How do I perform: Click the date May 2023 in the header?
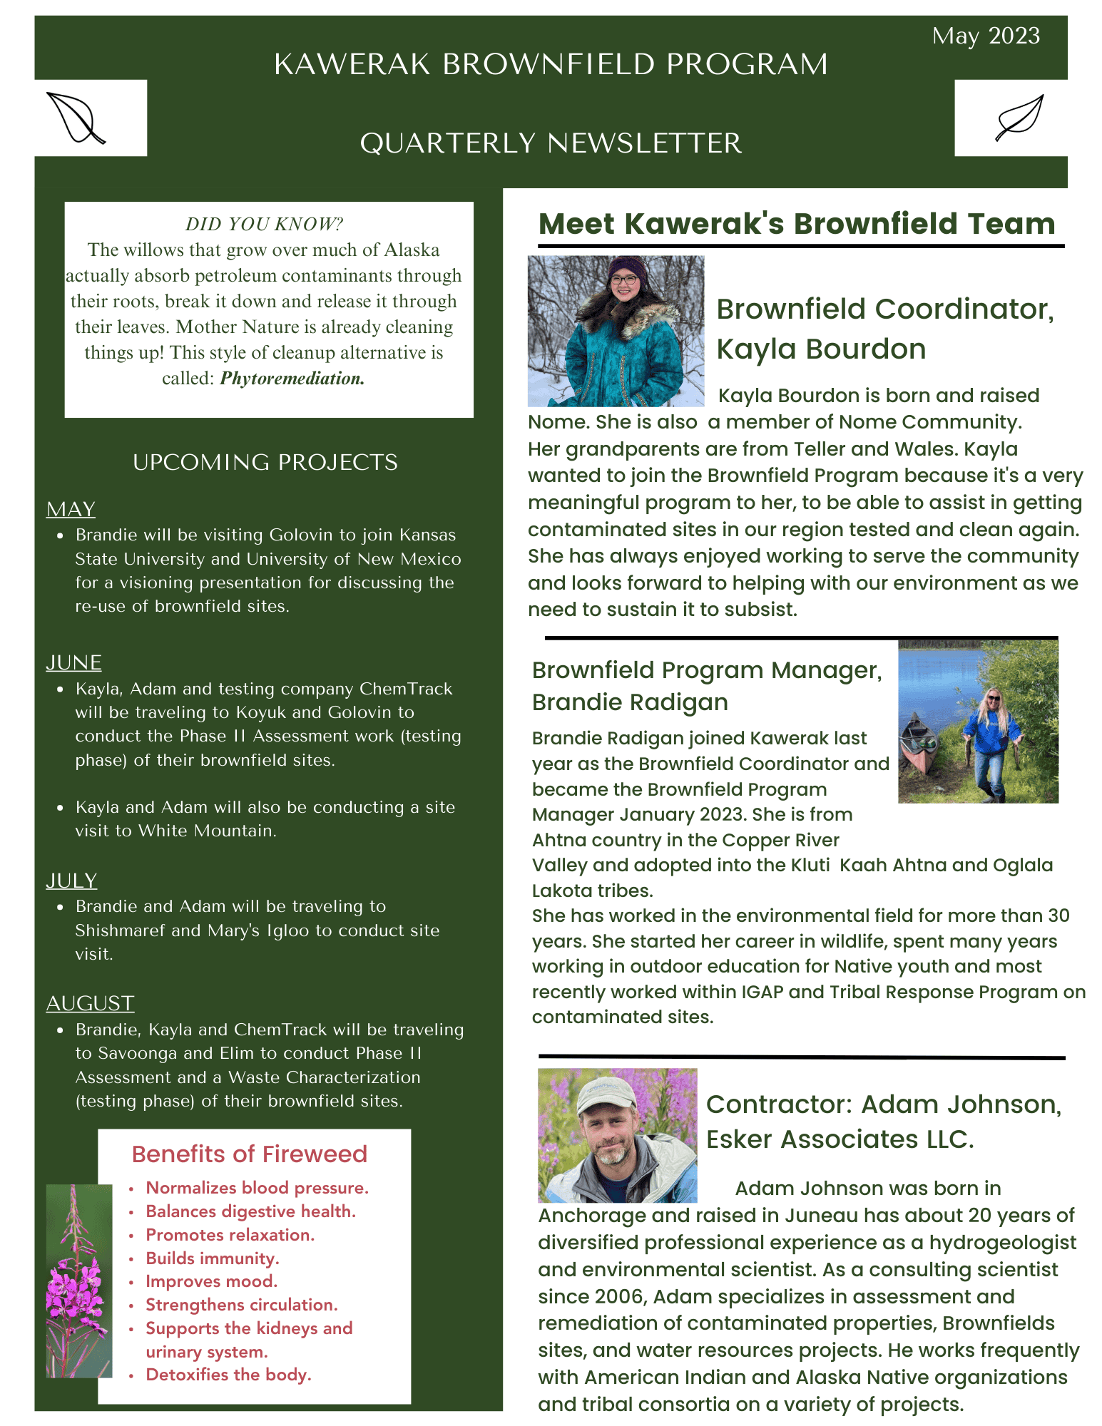coord(985,36)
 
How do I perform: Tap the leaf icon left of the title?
coord(75,118)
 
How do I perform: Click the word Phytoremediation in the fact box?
coord(292,379)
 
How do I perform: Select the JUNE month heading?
coord(73,662)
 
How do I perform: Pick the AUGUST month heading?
coord(90,1003)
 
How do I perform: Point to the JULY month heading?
coord(71,881)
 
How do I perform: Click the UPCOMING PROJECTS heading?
coord(265,462)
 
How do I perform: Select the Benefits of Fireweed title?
coord(249,1154)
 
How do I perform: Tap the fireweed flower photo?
coord(78,1281)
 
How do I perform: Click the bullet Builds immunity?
coord(212,1258)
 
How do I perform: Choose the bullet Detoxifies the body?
coord(228,1375)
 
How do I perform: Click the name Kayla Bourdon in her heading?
coord(820,349)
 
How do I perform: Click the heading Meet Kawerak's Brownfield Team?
coord(796,224)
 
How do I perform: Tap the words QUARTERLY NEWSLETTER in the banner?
coord(551,143)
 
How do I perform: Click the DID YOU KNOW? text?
coord(264,225)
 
